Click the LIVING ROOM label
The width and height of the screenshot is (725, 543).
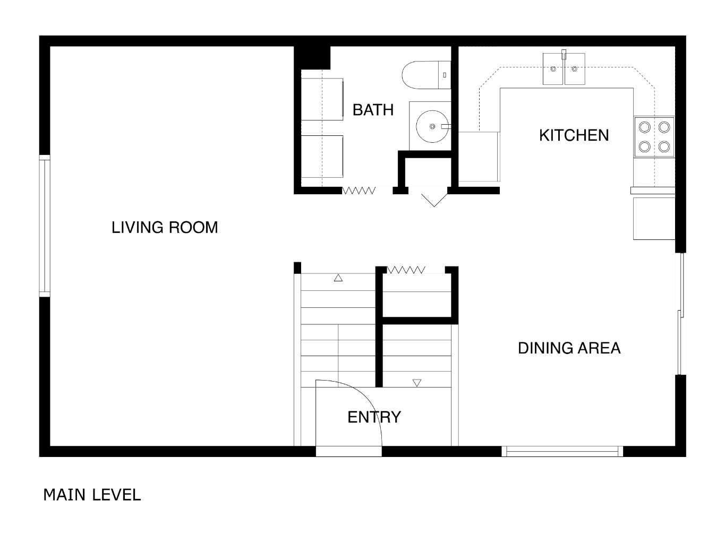[x=165, y=228]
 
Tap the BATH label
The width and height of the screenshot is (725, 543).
[x=373, y=110]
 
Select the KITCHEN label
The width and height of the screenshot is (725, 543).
[x=574, y=135]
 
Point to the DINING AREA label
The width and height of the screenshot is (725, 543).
[x=569, y=348]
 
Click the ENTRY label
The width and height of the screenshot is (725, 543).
[x=374, y=417]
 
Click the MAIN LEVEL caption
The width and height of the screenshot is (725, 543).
[x=92, y=495]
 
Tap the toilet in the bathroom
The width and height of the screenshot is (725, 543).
[x=425, y=75]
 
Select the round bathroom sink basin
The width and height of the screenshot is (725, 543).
[x=432, y=126]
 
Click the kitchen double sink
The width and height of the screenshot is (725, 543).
[x=564, y=69]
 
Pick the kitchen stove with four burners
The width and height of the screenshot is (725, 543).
[x=654, y=136]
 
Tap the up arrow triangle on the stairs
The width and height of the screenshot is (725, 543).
[x=338, y=278]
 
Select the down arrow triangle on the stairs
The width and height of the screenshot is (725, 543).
[x=417, y=383]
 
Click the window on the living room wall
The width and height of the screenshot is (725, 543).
[x=45, y=226]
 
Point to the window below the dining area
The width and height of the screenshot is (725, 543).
[x=562, y=451]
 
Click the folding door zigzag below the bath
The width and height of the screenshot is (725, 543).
[x=359, y=191]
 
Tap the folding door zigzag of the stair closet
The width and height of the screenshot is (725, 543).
[x=406, y=270]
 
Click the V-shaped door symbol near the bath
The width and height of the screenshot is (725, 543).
[x=434, y=200]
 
